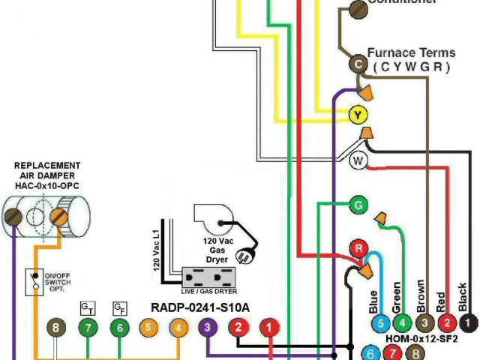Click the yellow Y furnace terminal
(x=358, y=115)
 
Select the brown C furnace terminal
(x=358, y=65)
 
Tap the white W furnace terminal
(x=358, y=160)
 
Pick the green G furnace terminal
(x=358, y=204)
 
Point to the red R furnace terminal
(x=358, y=249)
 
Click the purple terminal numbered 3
(x=208, y=327)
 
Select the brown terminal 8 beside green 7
(x=57, y=327)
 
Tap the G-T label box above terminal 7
(x=88, y=307)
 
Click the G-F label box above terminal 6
(x=118, y=307)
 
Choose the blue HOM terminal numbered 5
(x=380, y=324)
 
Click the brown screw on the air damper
(x=13, y=217)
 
